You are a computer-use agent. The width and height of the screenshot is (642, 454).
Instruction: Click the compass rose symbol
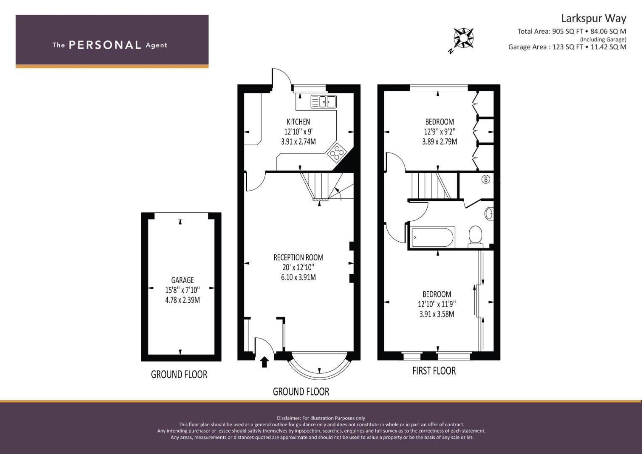463,38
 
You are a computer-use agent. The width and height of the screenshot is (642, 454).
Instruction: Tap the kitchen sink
324,102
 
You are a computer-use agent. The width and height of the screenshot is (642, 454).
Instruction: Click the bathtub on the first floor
433,238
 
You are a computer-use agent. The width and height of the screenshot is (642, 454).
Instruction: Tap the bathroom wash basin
489,214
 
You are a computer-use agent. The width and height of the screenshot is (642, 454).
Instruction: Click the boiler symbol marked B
486,179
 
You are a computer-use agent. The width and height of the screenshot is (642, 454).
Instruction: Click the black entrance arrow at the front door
264,362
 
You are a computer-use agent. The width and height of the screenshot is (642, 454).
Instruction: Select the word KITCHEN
299,122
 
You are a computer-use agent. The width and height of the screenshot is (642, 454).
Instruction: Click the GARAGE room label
182,280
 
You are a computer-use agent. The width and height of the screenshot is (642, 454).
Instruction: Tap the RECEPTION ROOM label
299,257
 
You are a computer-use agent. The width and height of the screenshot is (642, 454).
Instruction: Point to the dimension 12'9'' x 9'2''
440,132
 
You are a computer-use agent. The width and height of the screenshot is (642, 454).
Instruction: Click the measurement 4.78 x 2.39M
182,300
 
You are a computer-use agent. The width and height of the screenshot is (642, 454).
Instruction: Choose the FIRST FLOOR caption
434,371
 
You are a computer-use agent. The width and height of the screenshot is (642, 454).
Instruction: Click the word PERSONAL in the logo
105,45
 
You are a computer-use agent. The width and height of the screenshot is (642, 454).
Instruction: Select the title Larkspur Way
594,18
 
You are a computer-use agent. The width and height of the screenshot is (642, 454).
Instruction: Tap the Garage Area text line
567,47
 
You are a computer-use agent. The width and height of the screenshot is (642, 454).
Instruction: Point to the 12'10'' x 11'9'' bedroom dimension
437,304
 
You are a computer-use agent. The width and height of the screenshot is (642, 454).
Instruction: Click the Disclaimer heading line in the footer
321,418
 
